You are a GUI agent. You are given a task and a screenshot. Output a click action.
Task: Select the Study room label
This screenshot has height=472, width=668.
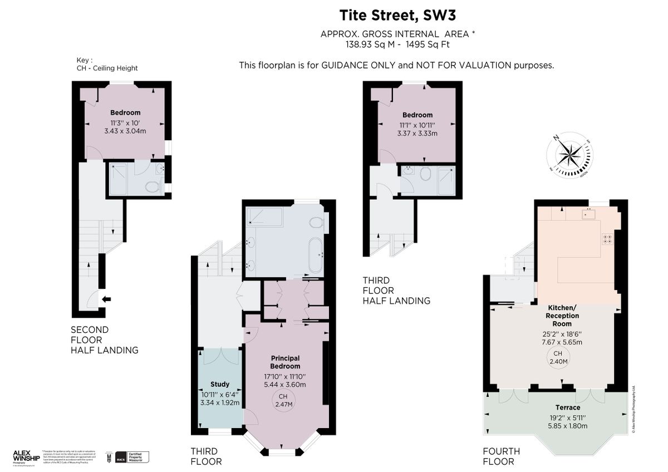pos(220,384)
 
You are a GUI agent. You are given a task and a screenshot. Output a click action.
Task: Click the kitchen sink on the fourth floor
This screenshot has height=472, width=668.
pos(589,213)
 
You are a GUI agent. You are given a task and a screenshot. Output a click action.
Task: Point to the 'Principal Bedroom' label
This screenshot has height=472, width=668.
pos(285,362)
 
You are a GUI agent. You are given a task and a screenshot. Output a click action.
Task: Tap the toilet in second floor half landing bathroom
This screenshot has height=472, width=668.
pos(152,186)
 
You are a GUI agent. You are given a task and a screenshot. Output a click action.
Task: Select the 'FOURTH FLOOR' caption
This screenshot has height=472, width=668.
pos(501,456)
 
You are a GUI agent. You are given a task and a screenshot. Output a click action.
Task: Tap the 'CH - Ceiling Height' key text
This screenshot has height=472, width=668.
pos(107,68)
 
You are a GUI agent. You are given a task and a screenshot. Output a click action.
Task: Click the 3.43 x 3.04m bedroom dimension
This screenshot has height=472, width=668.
pos(125,131)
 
